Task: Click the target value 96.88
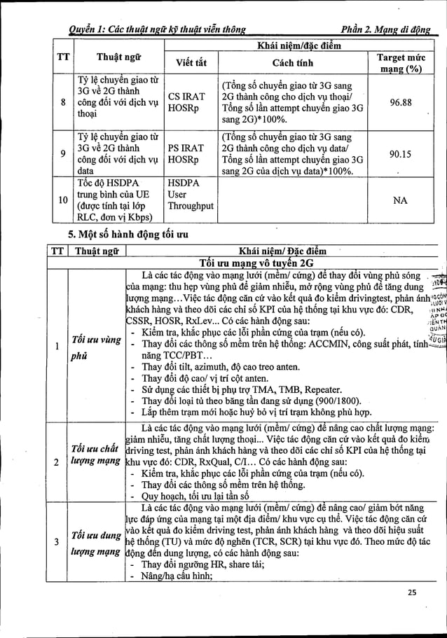[401, 101]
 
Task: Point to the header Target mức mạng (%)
[401, 62]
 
